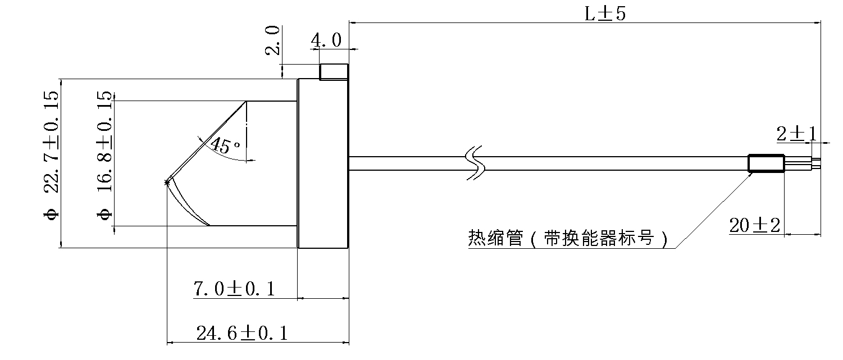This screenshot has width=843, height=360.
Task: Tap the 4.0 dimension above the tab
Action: (x=326, y=40)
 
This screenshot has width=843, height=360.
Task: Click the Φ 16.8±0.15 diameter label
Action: (x=104, y=154)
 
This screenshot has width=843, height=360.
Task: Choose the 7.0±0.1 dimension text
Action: (x=234, y=289)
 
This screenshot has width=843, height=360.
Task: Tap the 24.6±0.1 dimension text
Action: (x=242, y=334)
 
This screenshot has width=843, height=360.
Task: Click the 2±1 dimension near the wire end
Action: (x=796, y=134)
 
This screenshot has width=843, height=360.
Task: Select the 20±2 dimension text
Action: (x=755, y=226)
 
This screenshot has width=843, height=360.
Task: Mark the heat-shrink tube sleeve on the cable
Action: (x=765, y=163)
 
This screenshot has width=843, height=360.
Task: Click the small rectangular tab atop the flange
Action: (x=334, y=72)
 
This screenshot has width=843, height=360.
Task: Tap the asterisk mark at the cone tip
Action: (x=167, y=182)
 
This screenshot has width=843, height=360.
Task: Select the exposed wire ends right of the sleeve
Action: (x=803, y=163)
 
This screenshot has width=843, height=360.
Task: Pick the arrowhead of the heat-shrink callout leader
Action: (x=751, y=174)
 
